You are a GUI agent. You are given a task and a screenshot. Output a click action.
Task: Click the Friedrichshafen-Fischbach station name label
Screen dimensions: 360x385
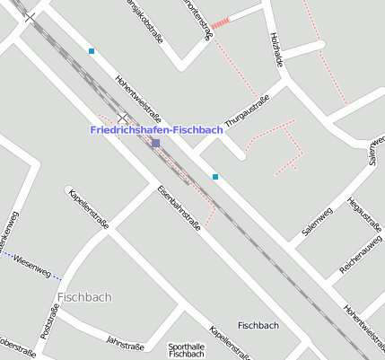[156, 130]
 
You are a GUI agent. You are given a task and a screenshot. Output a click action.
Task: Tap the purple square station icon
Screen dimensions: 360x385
[155, 143]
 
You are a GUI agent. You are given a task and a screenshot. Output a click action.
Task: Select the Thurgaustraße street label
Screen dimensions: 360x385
[247, 111]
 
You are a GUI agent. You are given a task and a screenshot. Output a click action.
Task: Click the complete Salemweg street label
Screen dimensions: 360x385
[318, 221]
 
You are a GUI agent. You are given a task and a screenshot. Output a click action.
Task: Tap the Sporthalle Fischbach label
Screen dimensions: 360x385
[186, 350]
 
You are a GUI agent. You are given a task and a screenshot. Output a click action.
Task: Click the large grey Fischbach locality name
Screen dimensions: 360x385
[84, 296]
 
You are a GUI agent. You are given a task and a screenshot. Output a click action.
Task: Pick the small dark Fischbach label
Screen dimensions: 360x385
[258, 325]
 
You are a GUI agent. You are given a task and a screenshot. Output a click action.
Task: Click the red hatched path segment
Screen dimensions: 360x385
[221, 22]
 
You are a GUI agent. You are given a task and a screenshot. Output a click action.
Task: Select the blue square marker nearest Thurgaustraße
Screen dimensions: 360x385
[215, 177]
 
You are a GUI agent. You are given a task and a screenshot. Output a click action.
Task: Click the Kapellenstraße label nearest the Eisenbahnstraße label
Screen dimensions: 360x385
[88, 208]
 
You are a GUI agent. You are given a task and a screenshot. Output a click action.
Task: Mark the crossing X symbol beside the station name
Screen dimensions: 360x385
[123, 118]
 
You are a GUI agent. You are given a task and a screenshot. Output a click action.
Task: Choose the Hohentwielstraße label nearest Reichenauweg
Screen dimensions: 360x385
[363, 328]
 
